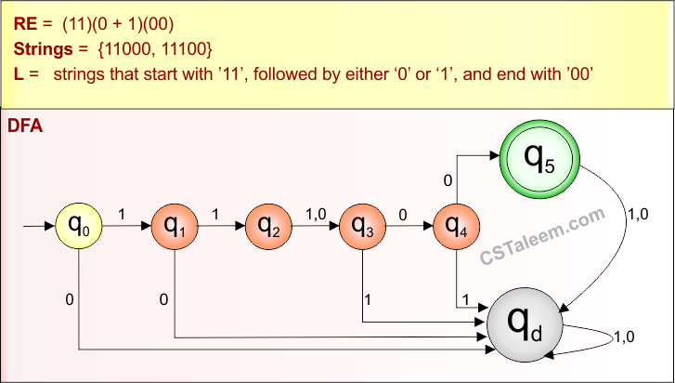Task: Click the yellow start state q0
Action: coord(80,226)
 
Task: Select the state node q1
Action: coord(175,226)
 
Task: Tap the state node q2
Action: coord(268,226)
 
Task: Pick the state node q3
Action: coord(363,226)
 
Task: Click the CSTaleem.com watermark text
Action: coord(542,237)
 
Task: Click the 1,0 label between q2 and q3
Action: coord(316,214)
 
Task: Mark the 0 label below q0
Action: coord(70,299)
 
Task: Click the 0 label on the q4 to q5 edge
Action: coord(448,180)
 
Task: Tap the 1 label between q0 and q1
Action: coord(122,214)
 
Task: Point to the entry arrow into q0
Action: coord(37,226)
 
